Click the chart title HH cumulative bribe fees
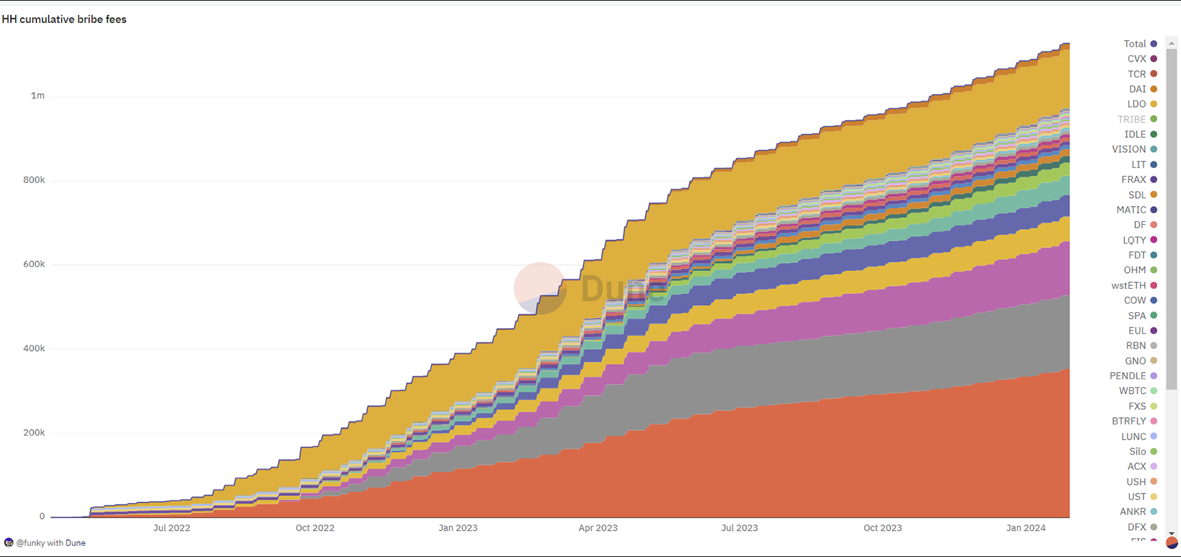tap(64, 20)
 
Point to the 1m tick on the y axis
tap(38, 96)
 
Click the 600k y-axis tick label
tap(34, 264)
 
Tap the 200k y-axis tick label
tap(34, 433)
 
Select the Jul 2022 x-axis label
tap(172, 528)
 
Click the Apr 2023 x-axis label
tap(598, 528)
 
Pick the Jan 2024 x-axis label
tap(1026, 528)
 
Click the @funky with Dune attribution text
tap(51, 543)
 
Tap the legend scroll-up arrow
tap(1171, 43)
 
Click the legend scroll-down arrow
tap(1171, 533)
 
